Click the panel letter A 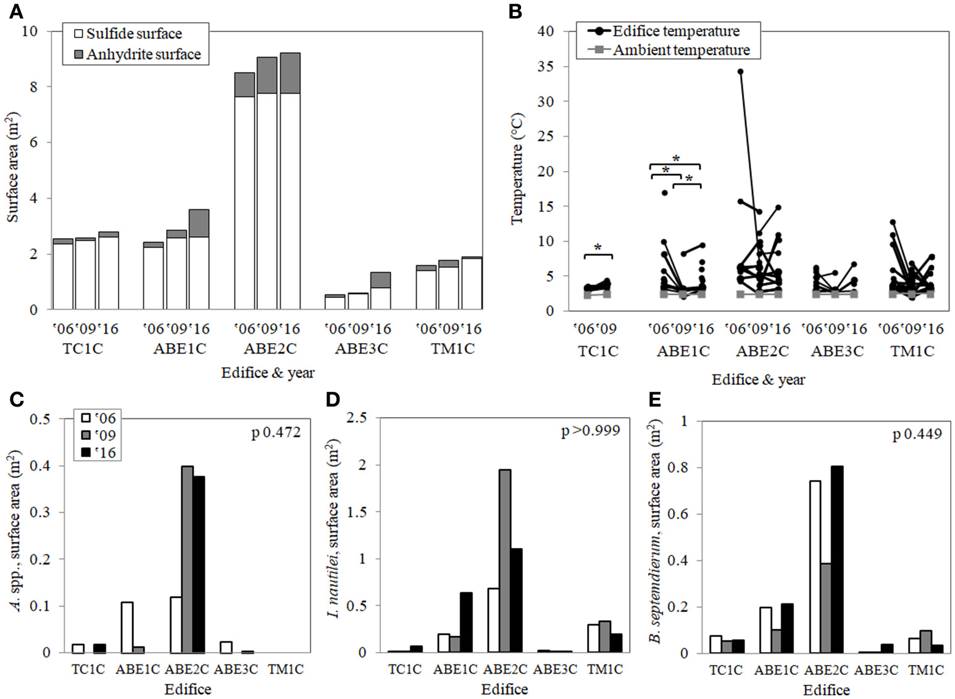[x=17, y=11]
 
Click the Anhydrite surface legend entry [x=136, y=54]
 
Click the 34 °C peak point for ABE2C [x=740, y=72]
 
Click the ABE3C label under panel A [x=361, y=349]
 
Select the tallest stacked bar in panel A [x=290, y=181]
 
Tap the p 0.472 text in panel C [x=276, y=432]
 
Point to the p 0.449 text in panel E [x=917, y=434]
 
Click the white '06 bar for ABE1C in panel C [x=127, y=627]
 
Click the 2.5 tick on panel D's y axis [x=357, y=418]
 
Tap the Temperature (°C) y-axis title [x=517, y=168]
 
